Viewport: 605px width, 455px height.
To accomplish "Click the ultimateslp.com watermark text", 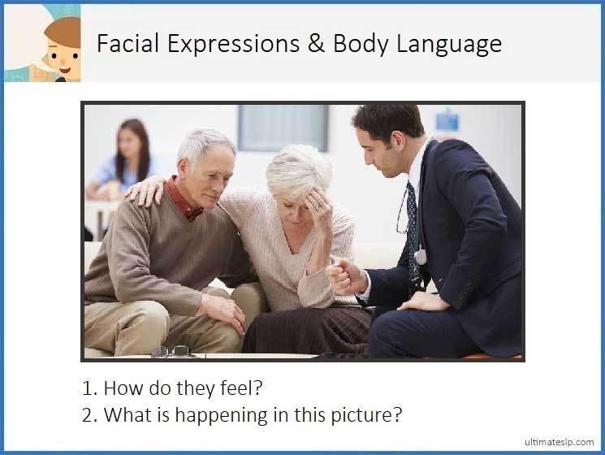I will click(559, 441).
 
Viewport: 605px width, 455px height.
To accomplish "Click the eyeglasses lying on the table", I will click(172, 352).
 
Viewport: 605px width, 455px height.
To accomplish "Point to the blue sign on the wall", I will click(447, 121).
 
